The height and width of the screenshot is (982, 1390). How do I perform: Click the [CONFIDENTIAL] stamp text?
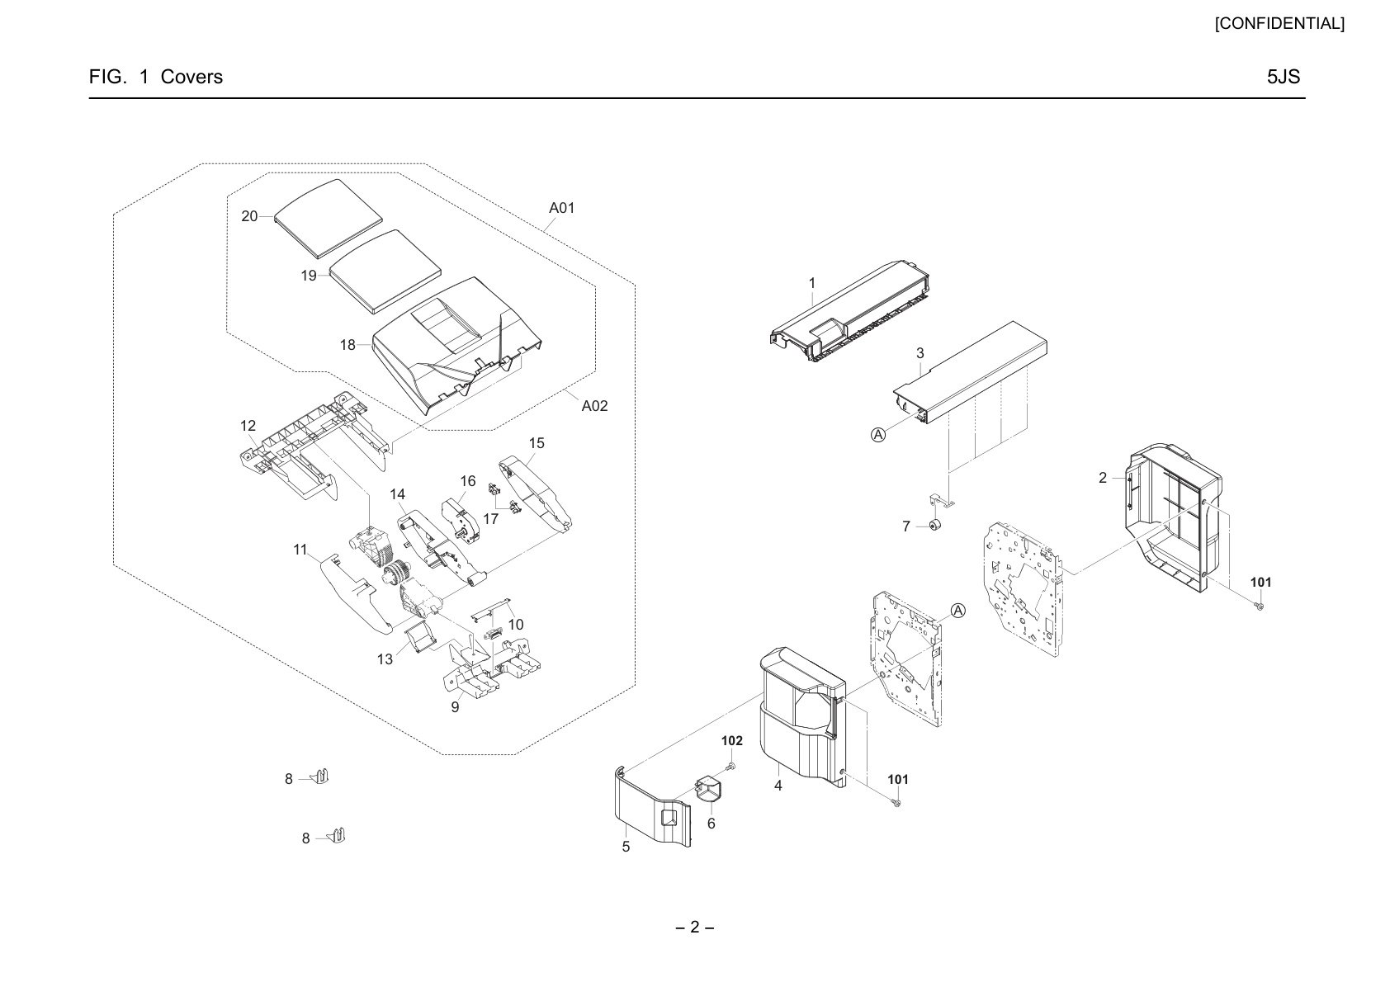[1279, 24]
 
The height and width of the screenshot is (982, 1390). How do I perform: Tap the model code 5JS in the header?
[1284, 77]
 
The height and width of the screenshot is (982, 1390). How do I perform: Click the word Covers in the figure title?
[191, 77]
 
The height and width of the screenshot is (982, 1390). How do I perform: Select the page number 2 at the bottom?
[694, 927]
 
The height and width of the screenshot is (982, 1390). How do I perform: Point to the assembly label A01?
[561, 208]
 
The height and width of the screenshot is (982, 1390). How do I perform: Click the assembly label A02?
[594, 406]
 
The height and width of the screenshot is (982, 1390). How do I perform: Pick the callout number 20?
[249, 216]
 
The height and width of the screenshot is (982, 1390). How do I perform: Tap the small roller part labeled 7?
[934, 526]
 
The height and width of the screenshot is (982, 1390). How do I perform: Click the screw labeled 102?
[731, 767]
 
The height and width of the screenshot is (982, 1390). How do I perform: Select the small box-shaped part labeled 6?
[709, 788]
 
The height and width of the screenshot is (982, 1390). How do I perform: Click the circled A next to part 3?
[878, 436]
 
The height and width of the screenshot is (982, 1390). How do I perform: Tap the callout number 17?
[491, 518]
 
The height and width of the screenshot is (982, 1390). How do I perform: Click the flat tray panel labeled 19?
[385, 271]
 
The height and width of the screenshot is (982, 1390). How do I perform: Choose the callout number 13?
[385, 659]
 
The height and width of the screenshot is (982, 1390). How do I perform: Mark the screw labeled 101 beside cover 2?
[1259, 606]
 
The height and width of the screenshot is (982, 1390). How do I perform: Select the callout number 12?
[248, 426]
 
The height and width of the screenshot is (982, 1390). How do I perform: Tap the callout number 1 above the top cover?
[811, 283]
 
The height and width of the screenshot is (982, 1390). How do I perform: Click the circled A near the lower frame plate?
[958, 611]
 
